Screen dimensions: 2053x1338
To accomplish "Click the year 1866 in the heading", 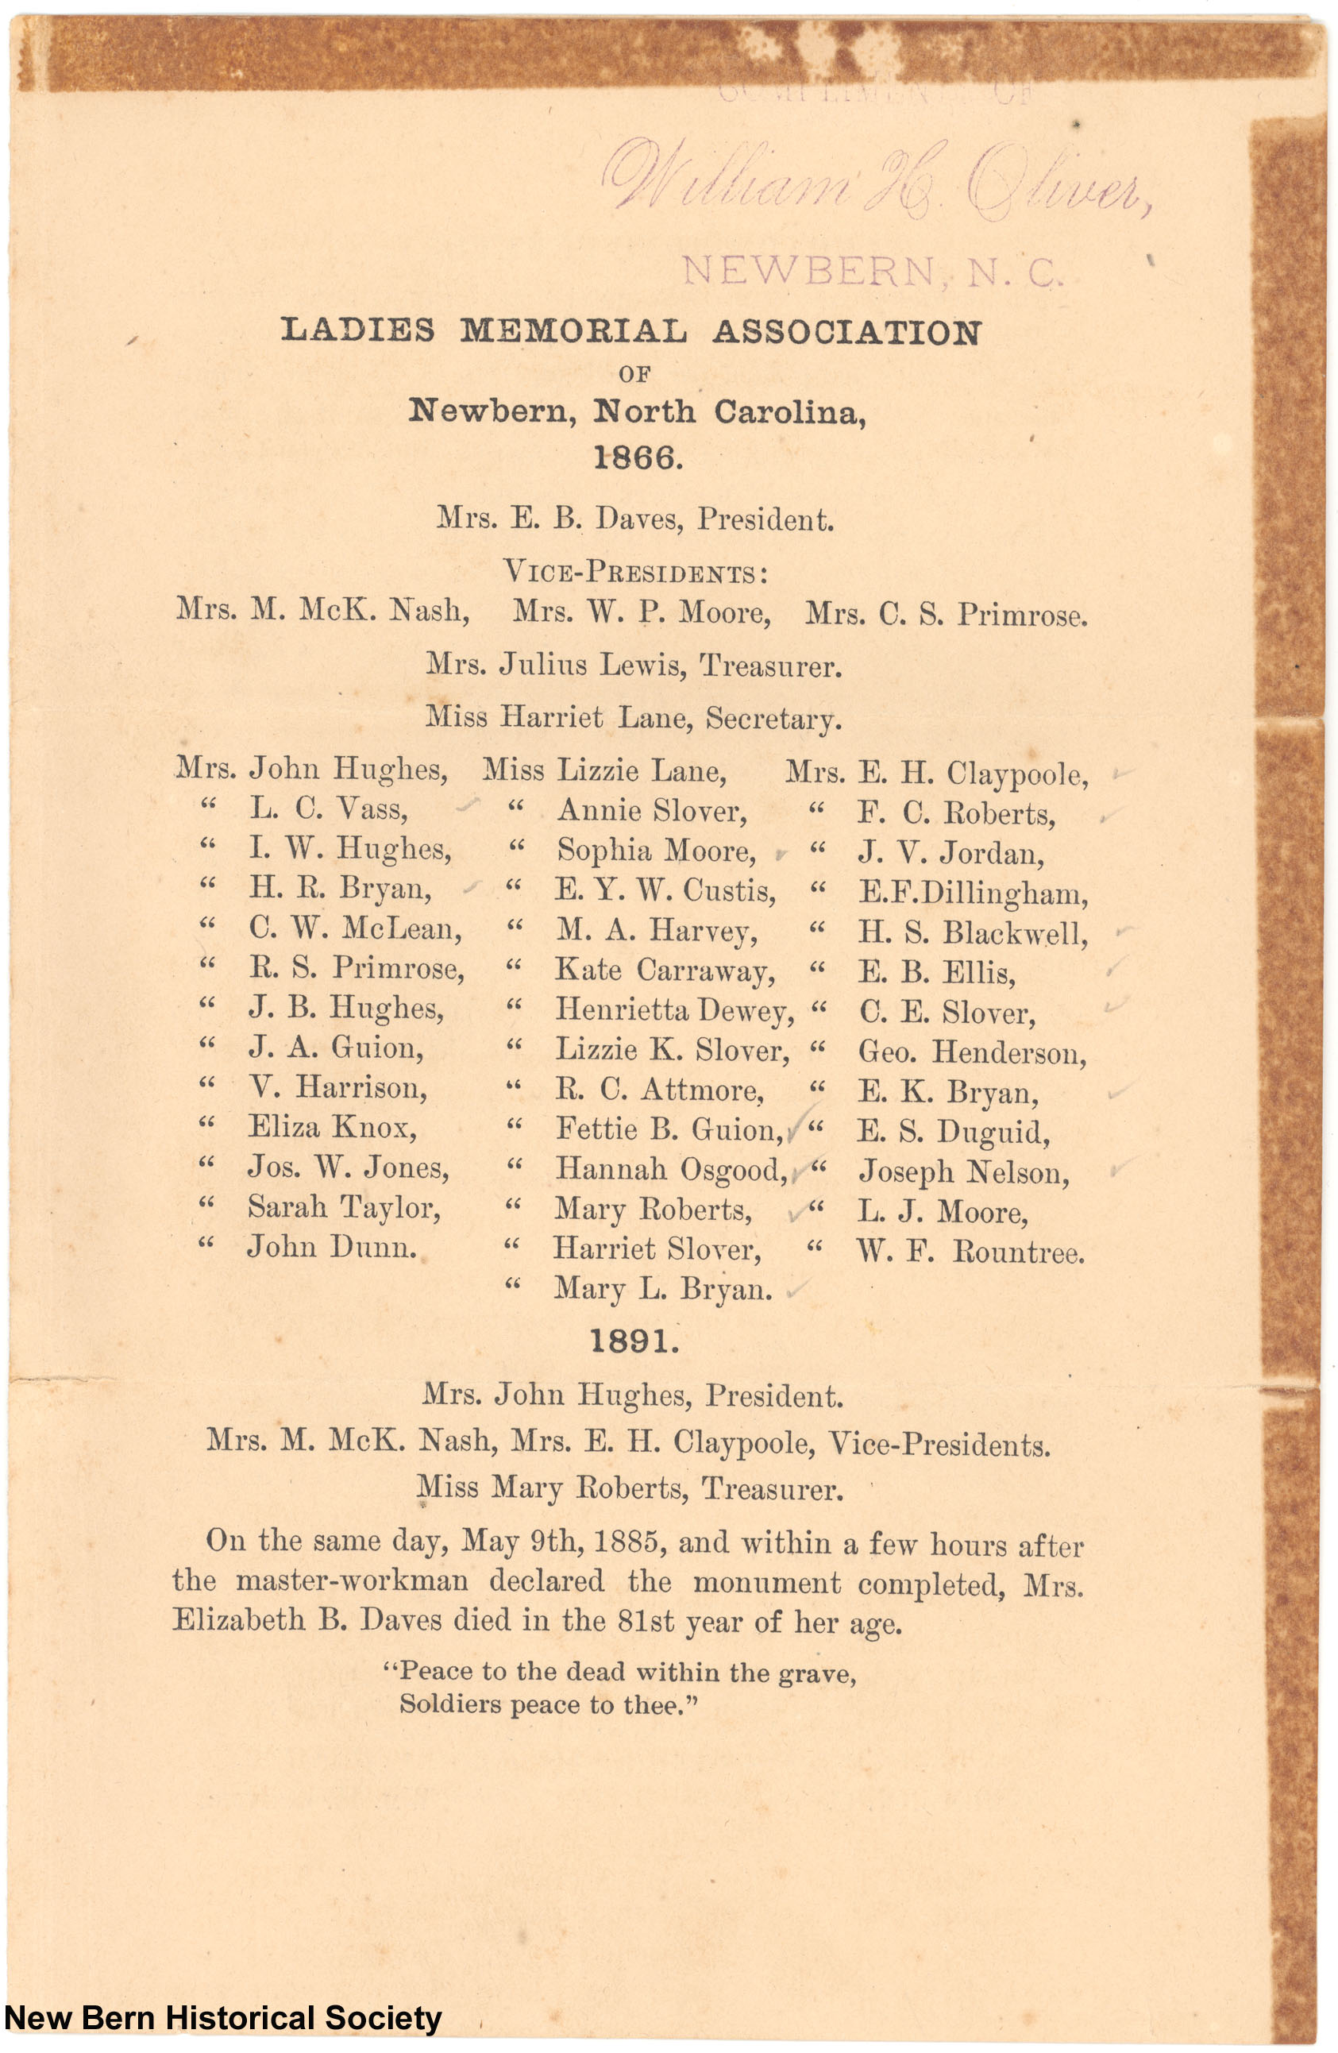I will tap(638, 458).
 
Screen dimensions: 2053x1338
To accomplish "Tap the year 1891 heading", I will tap(634, 1341).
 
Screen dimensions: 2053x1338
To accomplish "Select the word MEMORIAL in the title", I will tap(573, 330).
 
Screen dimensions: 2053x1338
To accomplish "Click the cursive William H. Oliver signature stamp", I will tap(876, 179).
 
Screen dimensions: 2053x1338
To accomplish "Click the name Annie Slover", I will tap(652, 811).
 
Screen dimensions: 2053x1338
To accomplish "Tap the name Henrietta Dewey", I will tap(673, 1010).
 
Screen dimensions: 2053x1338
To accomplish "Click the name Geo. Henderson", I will tap(971, 1052).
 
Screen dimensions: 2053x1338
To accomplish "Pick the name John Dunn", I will tap(332, 1246).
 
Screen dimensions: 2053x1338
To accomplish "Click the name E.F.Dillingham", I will tap(973, 893).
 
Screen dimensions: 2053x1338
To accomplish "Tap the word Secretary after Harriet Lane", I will tap(773, 719).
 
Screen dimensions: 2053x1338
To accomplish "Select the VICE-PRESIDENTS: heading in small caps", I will tap(635, 572).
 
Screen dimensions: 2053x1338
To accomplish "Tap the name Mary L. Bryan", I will tap(662, 1289).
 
